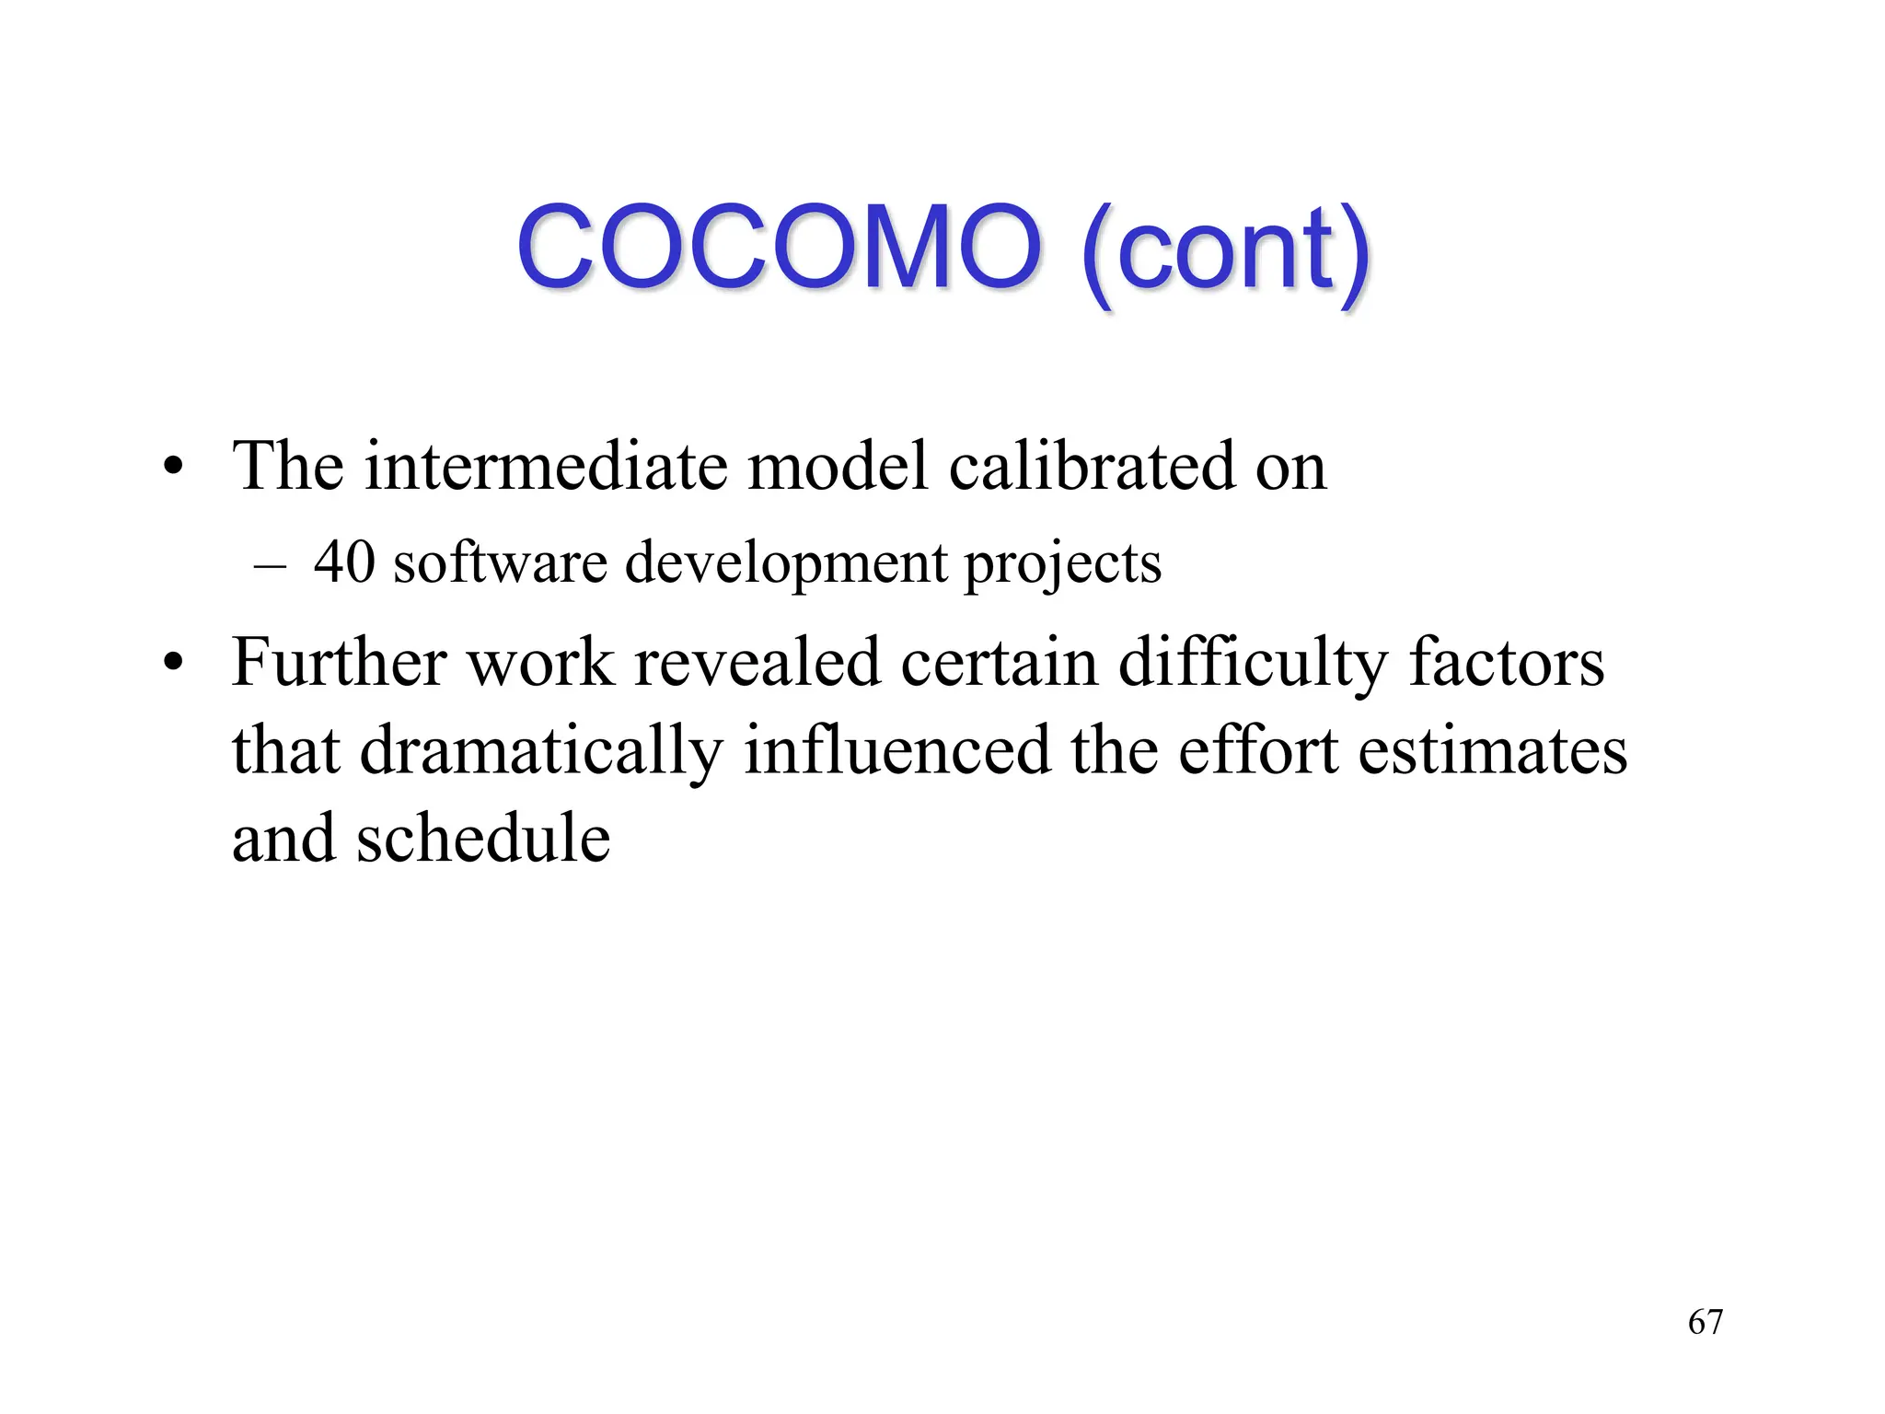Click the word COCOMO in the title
tap(779, 247)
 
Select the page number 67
tap(1705, 1322)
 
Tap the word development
tap(785, 563)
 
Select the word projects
tap(1062, 563)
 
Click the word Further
tap(339, 663)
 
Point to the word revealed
tap(757, 663)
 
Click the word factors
tap(1506, 663)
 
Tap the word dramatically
tap(540, 751)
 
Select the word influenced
tap(896, 751)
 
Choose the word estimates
tap(1492, 751)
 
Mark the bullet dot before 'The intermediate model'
tap(172, 468)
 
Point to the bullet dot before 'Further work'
tap(172, 664)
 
